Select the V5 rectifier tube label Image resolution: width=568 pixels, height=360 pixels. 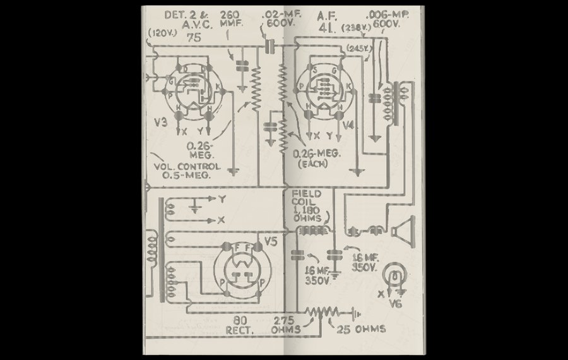coord(270,241)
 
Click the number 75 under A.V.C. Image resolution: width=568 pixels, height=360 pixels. coord(194,38)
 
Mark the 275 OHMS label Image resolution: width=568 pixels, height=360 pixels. coord(285,325)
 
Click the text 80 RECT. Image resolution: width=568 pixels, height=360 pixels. coord(239,325)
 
